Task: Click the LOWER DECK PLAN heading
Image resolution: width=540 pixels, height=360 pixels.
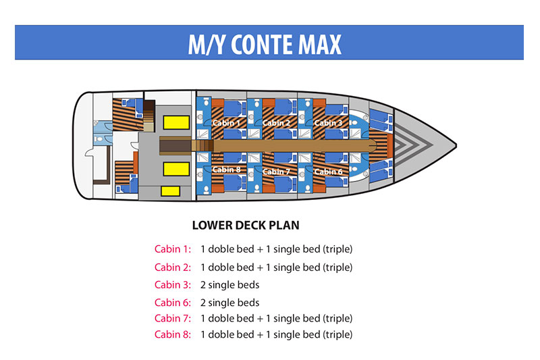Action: point(246,226)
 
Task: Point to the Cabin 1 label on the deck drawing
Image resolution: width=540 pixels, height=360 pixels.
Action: point(225,123)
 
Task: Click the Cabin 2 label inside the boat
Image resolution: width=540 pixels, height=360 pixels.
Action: point(277,123)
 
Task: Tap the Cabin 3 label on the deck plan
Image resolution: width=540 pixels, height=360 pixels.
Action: point(328,123)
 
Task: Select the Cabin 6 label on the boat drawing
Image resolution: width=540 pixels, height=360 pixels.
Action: point(328,172)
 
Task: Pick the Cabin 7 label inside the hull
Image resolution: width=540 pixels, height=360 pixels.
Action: point(277,172)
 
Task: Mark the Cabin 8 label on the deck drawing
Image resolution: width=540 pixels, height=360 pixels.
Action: point(225,170)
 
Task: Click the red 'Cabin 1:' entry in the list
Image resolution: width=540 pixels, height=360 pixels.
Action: point(173,249)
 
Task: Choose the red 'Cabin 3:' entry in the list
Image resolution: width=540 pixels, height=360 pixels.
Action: point(173,285)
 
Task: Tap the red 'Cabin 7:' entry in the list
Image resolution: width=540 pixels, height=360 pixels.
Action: point(173,318)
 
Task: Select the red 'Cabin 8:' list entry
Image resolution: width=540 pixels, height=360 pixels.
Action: point(173,334)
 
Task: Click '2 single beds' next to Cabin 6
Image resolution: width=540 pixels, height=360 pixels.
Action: point(230,303)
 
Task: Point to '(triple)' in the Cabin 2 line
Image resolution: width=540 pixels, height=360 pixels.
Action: point(338,267)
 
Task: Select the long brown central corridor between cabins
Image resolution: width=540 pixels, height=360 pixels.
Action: point(290,145)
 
